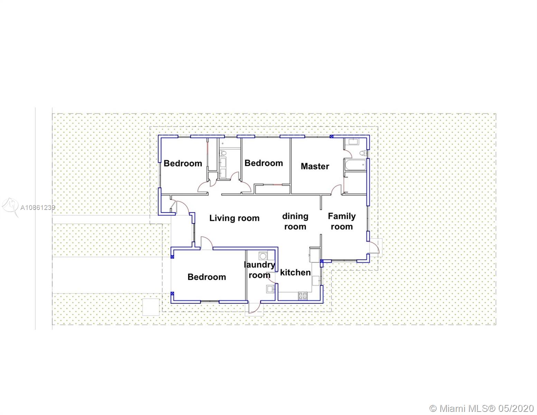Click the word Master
coord(315,166)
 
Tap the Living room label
coord(234,218)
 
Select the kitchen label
coord(295,273)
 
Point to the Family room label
coord(342,221)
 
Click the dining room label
coord(295,221)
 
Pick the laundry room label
coord(259,270)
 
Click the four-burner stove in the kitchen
coord(303,296)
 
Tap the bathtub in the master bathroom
coord(355,165)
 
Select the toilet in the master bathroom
coord(363,153)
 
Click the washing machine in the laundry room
coord(263,256)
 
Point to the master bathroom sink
coord(354,142)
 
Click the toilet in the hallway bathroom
coord(223,153)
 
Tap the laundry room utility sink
coord(270,289)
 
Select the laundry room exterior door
coord(254,308)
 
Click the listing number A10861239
coord(38,207)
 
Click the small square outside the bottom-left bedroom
coord(151,307)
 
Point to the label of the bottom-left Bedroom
coord(206,277)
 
